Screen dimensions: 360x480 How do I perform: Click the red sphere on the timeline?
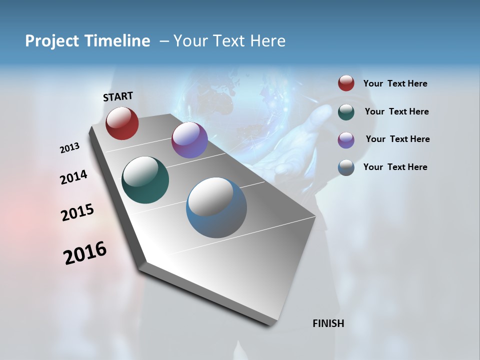click(x=122, y=123)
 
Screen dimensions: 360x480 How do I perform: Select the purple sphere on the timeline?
click(x=189, y=140)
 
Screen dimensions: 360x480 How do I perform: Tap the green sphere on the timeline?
click(x=145, y=180)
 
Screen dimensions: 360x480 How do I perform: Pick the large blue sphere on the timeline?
click(x=216, y=207)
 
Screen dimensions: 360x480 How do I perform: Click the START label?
click(x=118, y=96)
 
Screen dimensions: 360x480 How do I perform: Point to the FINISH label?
click(x=328, y=323)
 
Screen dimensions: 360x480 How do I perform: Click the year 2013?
click(x=70, y=147)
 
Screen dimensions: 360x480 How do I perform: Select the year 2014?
click(x=73, y=177)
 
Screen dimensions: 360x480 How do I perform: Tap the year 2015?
click(x=77, y=212)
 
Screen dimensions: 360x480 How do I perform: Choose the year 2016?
click(x=85, y=252)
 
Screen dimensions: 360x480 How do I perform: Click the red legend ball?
click(x=346, y=83)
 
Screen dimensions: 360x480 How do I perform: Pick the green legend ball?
click(x=346, y=112)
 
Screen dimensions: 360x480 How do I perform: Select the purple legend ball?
click(x=346, y=140)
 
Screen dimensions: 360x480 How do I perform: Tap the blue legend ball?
click(x=346, y=167)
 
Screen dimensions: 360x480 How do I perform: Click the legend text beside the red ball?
click(x=395, y=83)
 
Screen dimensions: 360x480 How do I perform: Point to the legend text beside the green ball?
click(x=396, y=111)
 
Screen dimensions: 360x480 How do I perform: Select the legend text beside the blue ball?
click(x=395, y=167)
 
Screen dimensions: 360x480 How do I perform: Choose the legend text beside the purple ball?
click(x=397, y=139)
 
